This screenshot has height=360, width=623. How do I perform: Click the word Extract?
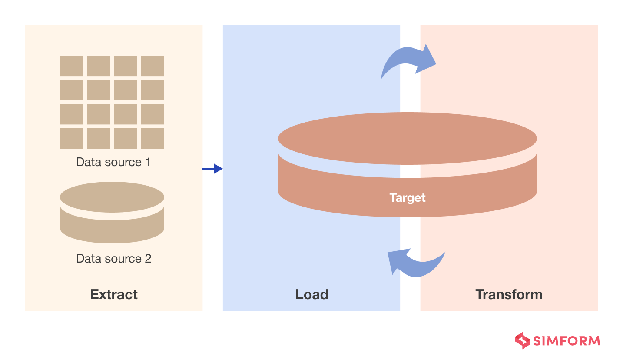[114, 294]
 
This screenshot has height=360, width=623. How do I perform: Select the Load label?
[312, 294]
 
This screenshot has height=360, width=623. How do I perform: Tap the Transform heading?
[509, 294]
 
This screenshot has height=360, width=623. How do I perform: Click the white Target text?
[408, 198]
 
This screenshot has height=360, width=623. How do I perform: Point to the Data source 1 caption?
[113, 162]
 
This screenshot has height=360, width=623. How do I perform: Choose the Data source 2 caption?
[113, 259]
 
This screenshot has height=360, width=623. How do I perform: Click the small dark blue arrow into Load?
[212, 169]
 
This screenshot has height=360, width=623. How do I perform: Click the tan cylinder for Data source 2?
[112, 213]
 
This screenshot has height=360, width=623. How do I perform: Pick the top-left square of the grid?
[72, 66]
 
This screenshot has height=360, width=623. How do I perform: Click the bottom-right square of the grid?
[152, 138]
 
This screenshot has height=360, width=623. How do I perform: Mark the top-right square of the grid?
[152, 66]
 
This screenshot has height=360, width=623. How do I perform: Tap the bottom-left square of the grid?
[72, 138]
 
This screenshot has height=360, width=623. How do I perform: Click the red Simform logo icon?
[523, 340]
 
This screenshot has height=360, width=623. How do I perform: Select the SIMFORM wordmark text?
[567, 341]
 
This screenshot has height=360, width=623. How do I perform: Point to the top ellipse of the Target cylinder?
[408, 138]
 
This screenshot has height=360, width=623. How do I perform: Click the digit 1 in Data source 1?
[148, 162]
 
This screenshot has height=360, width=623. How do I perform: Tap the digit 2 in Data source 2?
[148, 259]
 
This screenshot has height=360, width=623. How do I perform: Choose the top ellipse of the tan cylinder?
[112, 197]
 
